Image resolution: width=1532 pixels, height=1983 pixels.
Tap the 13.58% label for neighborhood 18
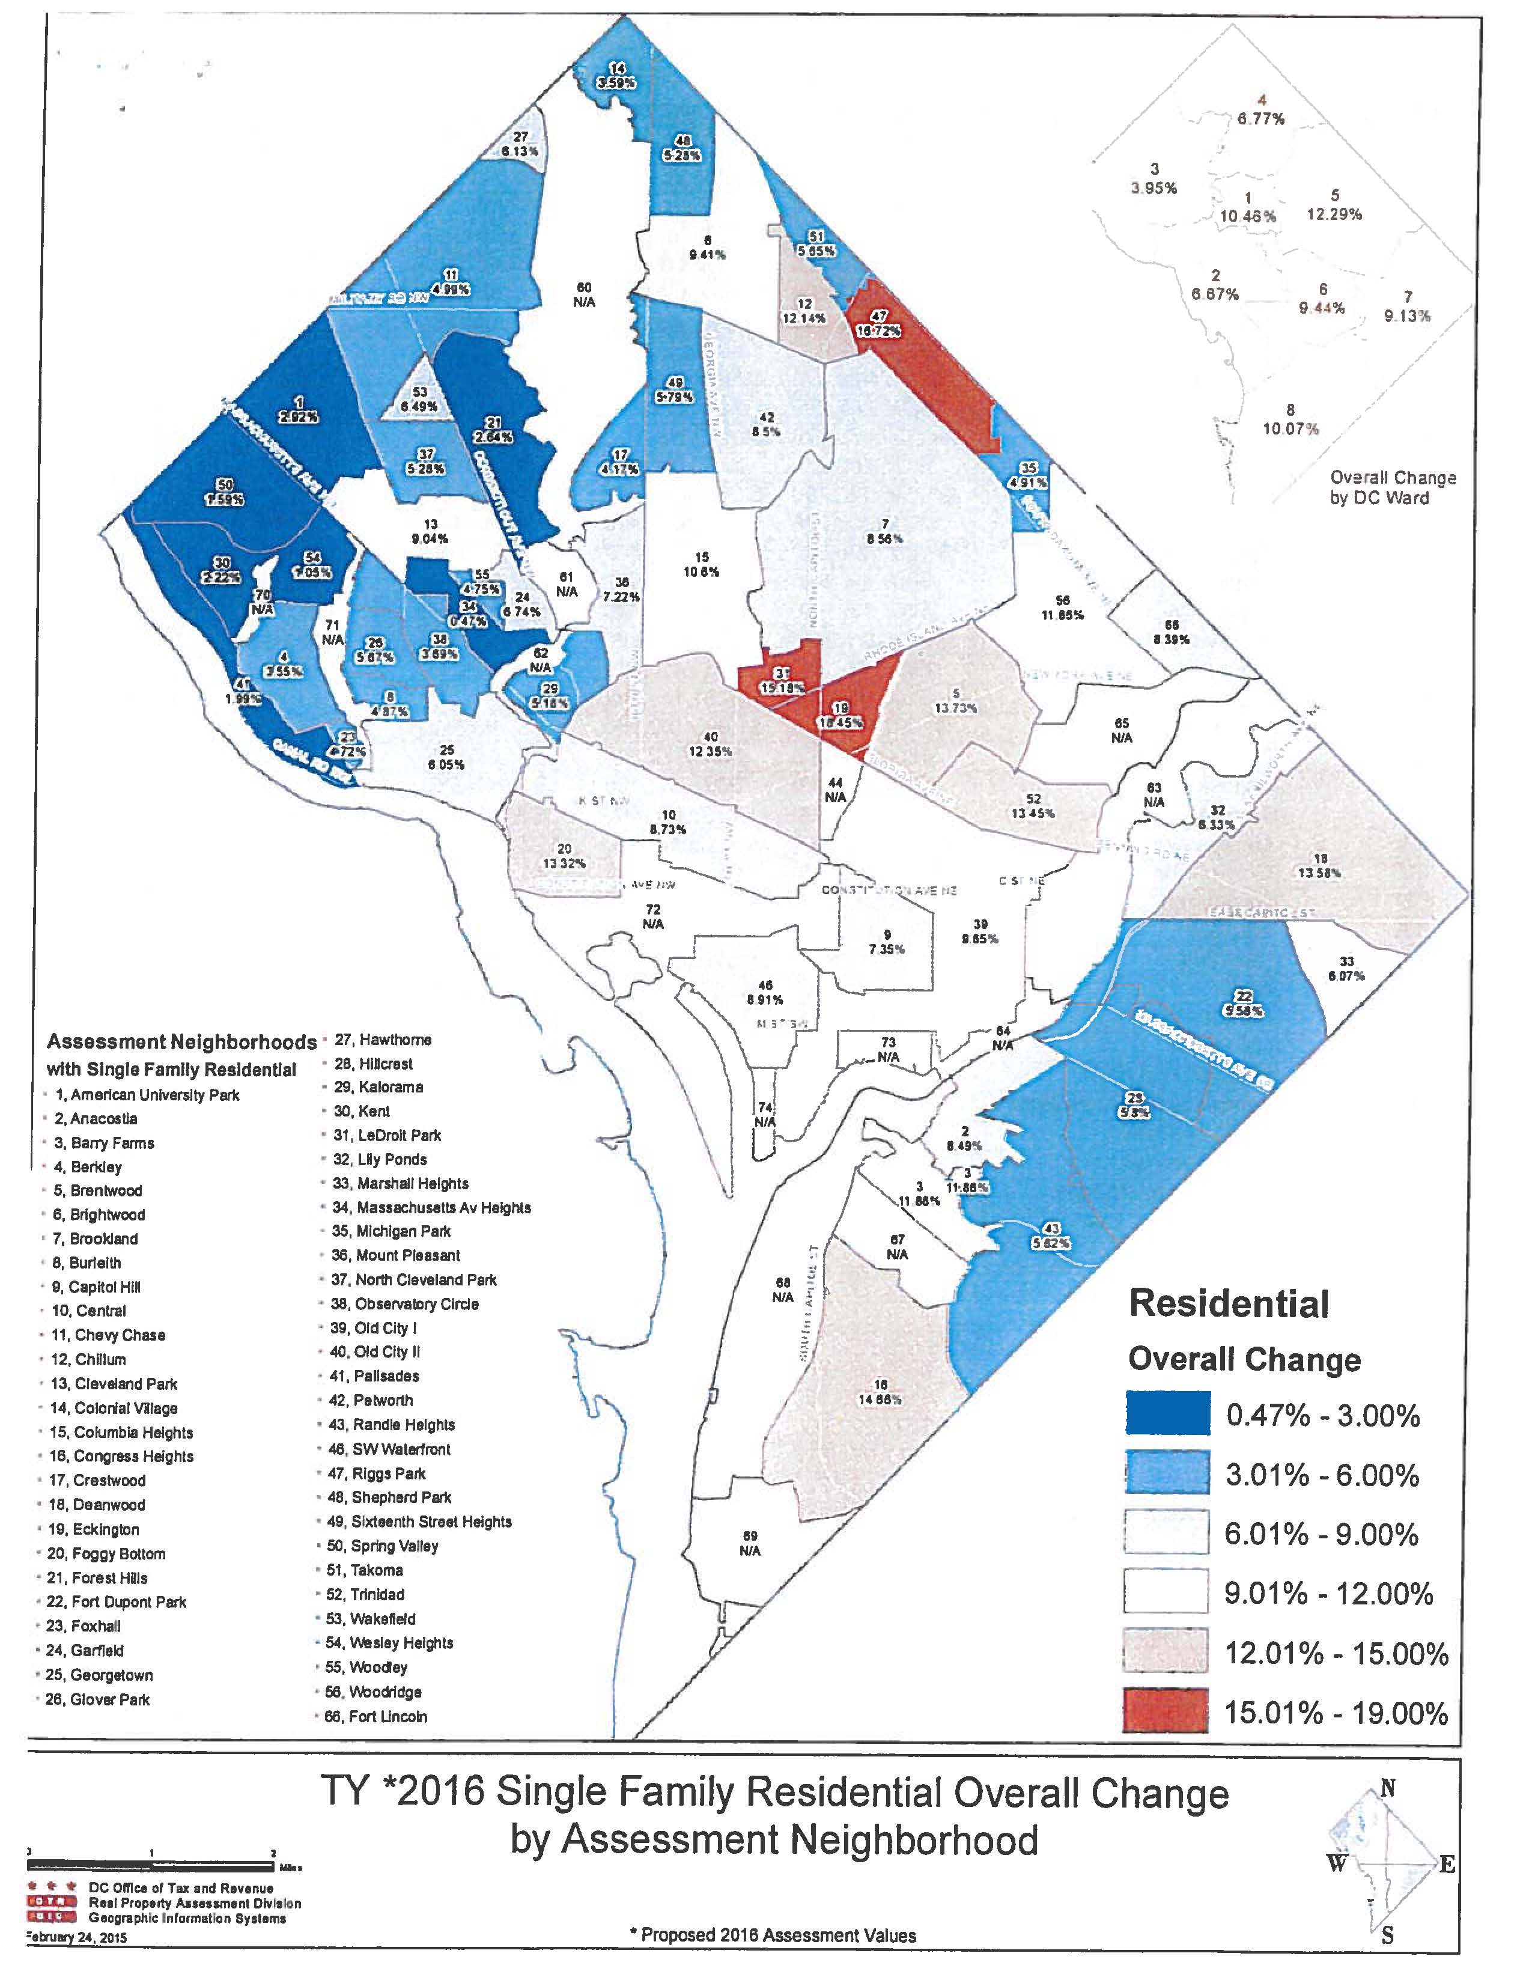coord(1321,873)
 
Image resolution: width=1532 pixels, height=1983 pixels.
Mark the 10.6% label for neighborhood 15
coord(702,572)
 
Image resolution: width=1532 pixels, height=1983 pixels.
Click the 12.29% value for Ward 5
coord(1334,215)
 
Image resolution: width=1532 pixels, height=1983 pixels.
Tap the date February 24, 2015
coord(76,1937)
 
